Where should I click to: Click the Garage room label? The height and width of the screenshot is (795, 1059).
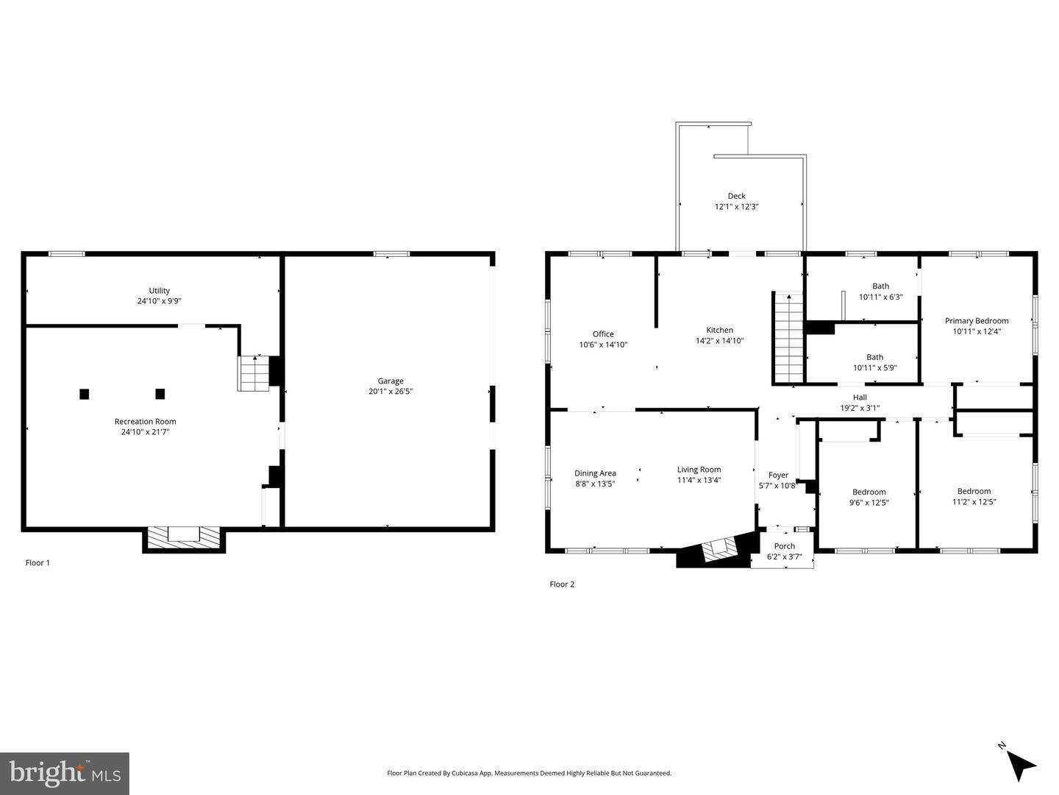tap(391, 381)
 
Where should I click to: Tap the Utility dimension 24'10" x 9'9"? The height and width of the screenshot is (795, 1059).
tap(159, 301)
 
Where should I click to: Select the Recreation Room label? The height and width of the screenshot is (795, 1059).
tap(145, 422)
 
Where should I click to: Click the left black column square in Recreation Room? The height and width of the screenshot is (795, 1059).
tap(85, 394)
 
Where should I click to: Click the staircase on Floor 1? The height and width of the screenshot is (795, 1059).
tap(254, 374)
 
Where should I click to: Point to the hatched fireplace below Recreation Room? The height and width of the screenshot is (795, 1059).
tap(184, 537)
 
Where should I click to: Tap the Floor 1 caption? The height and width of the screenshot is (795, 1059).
tap(38, 563)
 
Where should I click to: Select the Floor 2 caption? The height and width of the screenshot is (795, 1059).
tap(562, 584)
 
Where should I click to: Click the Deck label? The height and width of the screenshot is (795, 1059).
tap(736, 196)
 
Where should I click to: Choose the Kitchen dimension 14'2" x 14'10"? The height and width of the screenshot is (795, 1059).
tap(719, 341)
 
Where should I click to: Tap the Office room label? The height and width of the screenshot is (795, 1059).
tap(603, 334)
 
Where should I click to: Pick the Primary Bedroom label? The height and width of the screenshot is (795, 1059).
tap(976, 321)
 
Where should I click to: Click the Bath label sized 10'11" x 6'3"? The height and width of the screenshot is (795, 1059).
tap(880, 286)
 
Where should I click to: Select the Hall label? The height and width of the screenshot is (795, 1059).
tap(860, 397)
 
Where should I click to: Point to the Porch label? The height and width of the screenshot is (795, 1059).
tap(784, 546)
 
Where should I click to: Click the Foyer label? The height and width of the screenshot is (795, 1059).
tap(778, 476)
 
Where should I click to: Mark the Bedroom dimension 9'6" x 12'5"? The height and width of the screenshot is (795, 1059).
tap(869, 503)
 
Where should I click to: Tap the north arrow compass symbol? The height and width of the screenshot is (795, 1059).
tap(1020, 763)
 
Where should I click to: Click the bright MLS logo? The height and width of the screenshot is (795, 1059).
tap(65, 773)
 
